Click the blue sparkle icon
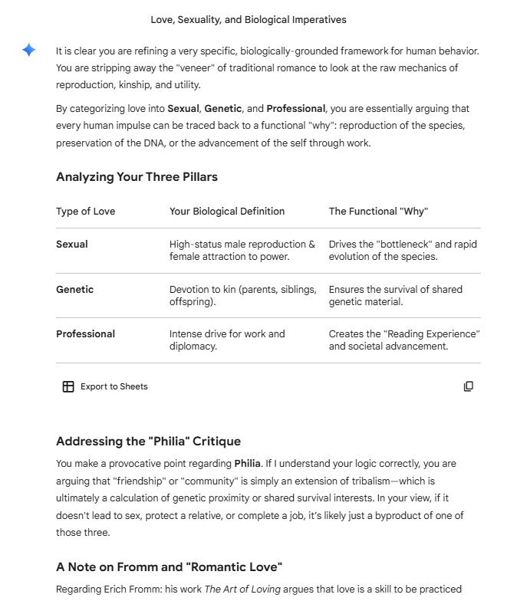click(x=28, y=51)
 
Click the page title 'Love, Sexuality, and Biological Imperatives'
click(x=249, y=19)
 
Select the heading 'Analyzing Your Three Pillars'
click(x=137, y=177)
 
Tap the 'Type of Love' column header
click(x=86, y=212)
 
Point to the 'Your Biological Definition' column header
click(x=227, y=212)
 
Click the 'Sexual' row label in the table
click(x=72, y=245)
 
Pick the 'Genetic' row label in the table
click(x=75, y=290)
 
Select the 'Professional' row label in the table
click(x=86, y=334)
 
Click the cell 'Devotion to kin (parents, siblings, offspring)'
click(x=242, y=296)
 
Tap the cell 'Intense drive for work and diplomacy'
click(x=227, y=340)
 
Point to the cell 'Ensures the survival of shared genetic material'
click(x=395, y=296)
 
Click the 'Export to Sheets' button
click(x=114, y=386)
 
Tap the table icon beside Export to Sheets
click(x=68, y=386)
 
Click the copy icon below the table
click(x=469, y=386)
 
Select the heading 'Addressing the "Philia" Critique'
click(x=148, y=442)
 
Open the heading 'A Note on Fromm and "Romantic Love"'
click(x=169, y=567)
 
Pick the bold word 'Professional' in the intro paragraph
click(x=296, y=109)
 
